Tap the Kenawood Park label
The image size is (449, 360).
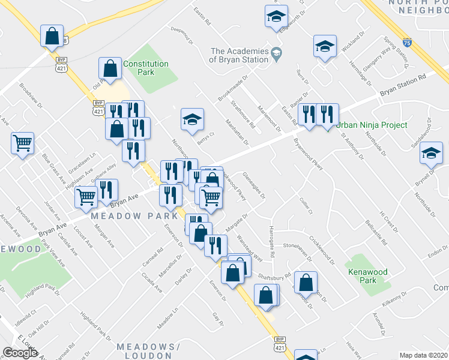tap(368, 276)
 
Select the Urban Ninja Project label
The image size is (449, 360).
tap(371, 125)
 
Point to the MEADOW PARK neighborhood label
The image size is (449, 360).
tap(134, 215)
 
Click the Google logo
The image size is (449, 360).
tap(20, 353)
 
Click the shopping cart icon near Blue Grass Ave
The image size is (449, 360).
tap(23, 143)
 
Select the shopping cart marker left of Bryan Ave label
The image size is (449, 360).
tap(86, 196)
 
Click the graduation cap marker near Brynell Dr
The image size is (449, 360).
tap(431, 153)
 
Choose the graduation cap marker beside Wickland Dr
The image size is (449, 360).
tap(324, 46)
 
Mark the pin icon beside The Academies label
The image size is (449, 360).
tap(276, 53)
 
